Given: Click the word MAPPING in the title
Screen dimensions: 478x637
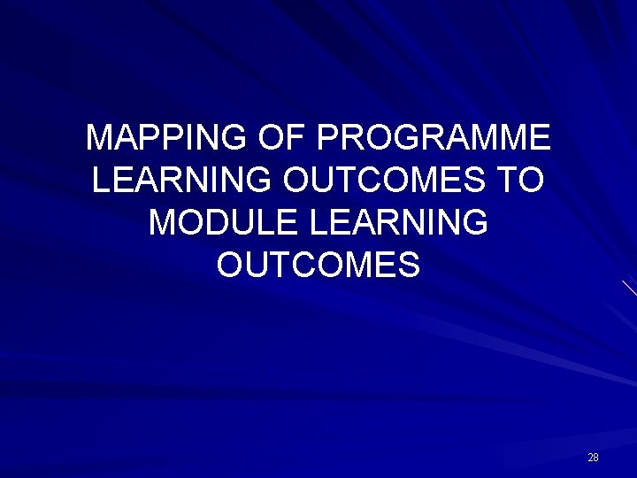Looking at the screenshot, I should [x=168, y=138].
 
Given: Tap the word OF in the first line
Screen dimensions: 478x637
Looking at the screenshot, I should [x=282, y=138].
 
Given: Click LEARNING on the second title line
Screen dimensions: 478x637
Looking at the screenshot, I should [x=182, y=181].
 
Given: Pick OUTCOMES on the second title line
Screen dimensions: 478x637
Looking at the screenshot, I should [x=385, y=181].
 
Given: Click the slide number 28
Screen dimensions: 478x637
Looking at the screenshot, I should [x=593, y=458].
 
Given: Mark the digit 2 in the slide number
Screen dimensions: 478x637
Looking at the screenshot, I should [x=590, y=458].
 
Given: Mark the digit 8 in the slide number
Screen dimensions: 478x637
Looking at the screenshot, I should [x=596, y=458].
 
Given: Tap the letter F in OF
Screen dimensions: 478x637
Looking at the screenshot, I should [x=295, y=138].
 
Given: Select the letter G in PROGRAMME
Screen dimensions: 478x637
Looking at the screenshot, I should [x=399, y=138].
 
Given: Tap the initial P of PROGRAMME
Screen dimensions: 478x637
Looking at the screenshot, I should [x=325, y=138].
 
